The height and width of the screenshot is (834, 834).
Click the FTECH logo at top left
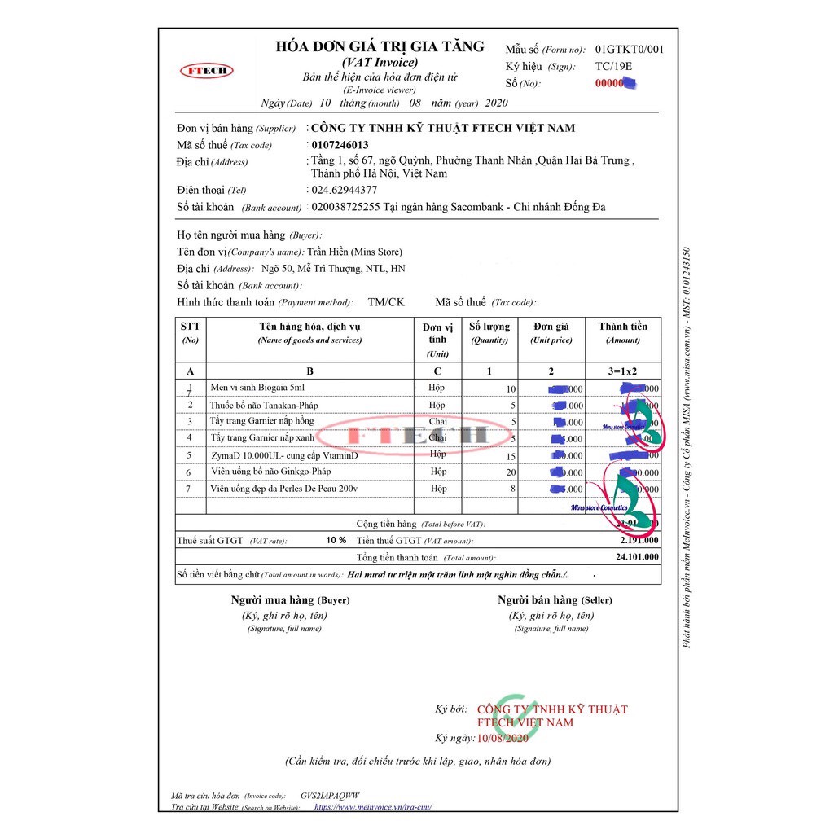206,71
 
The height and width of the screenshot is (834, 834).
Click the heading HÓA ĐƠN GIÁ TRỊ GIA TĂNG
380,46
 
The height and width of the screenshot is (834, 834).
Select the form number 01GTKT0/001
630,50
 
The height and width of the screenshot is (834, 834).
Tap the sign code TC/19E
614,67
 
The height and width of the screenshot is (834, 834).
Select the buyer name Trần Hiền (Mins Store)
354,252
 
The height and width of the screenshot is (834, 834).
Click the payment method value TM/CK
386,302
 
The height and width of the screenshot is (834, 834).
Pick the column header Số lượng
489,327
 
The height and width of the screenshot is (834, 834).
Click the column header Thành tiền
623,327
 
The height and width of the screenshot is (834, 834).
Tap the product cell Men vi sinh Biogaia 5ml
257,388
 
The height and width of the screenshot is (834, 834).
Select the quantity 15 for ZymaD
511,455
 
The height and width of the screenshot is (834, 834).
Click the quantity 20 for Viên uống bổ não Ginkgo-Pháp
511,472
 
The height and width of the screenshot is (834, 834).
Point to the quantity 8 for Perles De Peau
513,489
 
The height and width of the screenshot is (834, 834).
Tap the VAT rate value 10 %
336,540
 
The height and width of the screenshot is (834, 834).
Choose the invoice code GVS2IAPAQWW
330,795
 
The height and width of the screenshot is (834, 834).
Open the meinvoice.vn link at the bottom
372,807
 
